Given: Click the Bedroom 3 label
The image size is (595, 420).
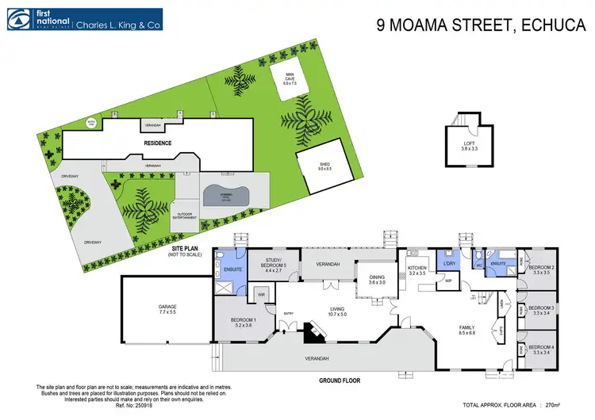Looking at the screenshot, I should click(x=542, y=310).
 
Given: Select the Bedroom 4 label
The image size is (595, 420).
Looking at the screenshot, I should click(x=542, y=349).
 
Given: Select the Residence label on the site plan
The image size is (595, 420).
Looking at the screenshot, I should click(x=158, y=143).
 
